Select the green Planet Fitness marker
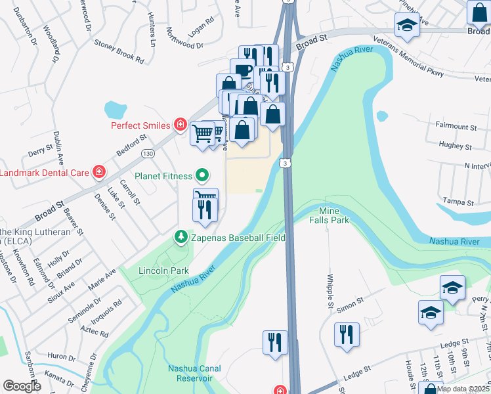tap(203, 175)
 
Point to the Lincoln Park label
tap(163, 271)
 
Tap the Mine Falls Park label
tap(333, 215)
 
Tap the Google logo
tap(22, 385)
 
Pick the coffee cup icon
tap(242, 70)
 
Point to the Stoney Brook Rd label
tap(119, 50)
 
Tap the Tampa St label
tap(459, 202)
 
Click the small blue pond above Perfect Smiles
tap(115, 108)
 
